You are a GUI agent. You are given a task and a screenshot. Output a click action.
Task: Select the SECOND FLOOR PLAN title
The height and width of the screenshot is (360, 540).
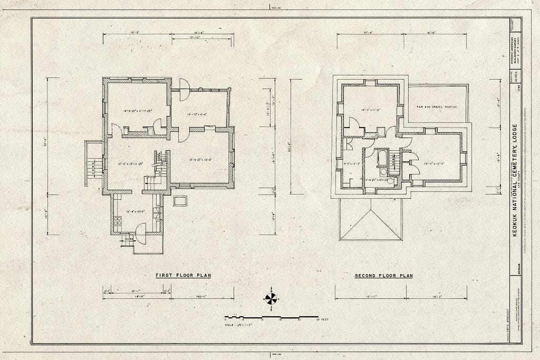click(383, 276)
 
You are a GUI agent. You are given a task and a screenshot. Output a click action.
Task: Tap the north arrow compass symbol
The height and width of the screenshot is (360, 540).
click(271, 298)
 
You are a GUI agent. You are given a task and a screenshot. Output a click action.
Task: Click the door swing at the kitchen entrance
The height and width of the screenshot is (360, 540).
click(141, 232)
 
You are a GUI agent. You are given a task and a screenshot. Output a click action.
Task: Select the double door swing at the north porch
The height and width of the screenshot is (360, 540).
click(184, 90)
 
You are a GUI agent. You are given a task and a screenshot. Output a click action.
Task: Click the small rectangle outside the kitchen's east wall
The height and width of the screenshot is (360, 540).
click(180, 201)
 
